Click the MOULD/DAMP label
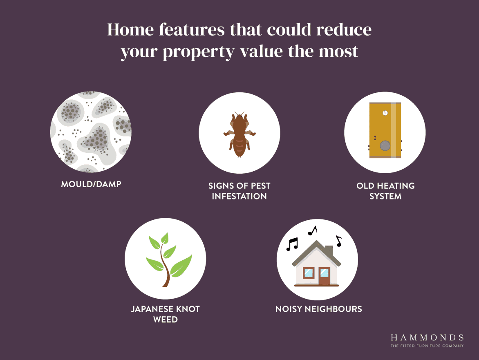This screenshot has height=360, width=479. pyautogui.click(x=91, y=184)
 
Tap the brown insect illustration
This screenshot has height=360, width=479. pyautogui.click(x=239, y=134)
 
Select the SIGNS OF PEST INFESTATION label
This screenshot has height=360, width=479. pyautogui.click(x=239, y=191)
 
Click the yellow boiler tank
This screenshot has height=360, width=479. pyautogui.click(x=385, y=130)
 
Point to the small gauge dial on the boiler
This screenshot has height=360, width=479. pyautogui.click(x=385, y=113)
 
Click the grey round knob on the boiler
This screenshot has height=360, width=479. pyautogui.click(x=385, y=145)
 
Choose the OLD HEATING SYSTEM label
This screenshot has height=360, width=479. pyautogui.click(x=385, y=191)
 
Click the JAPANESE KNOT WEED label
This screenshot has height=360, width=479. pyautogui.click(x=165, y=314)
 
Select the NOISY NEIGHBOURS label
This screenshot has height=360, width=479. pyautogui.click(x=319, y=309)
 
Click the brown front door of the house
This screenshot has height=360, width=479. pyautogui.click(x=324, y=276)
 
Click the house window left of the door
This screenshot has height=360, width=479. pyautogui.click(x=309, y=273)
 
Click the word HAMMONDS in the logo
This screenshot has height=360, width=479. pyautogui.click(x=427, y=338)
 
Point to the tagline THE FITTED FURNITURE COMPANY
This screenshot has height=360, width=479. pyautogui.click(x=427, y=346)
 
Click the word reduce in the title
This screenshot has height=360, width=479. pyautogui.click(x=344, y=30)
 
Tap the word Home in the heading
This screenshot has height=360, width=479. pyautogui.click(x=130, y=30)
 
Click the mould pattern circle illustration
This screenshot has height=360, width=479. pyautogui.click(x=91, y=132)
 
